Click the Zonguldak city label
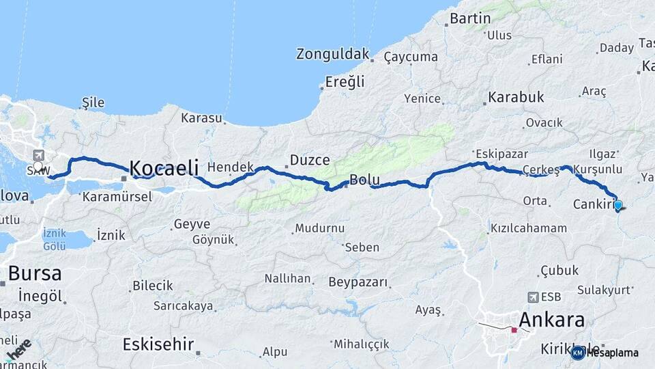333,54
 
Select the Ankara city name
551,320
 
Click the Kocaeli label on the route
164,168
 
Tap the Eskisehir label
158,344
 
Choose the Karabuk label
516,97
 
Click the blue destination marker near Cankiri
618,204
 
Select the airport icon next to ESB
532,297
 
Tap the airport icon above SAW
37,155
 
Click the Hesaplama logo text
613,353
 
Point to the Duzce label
310,161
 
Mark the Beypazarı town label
358,282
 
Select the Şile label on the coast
93,102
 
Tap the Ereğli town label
345,82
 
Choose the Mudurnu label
319,228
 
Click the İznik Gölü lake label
55,238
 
